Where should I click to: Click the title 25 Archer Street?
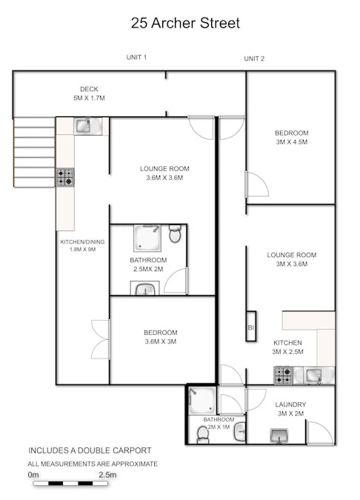click(x=185, y=24)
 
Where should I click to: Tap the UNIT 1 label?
click(x=136, y=58)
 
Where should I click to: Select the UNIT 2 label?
click(x=254, y=59)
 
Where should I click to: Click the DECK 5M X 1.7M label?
click(x=88, y=93)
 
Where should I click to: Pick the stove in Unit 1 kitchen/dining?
click(x=65, y=177)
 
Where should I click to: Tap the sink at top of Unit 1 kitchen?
click(x=83, y=126)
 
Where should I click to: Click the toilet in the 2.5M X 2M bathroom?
click(x=175, y=235)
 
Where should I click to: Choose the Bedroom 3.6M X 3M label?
click(x=161, y=337)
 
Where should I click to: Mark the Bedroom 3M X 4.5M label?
click(x=291, y=138)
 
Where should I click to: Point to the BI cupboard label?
click(x=250, y=327)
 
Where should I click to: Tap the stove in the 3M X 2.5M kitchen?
click(x=284, y=376)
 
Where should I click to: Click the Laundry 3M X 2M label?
click(x=291, y=409)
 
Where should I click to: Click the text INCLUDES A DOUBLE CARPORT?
click(x=90, y=450)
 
